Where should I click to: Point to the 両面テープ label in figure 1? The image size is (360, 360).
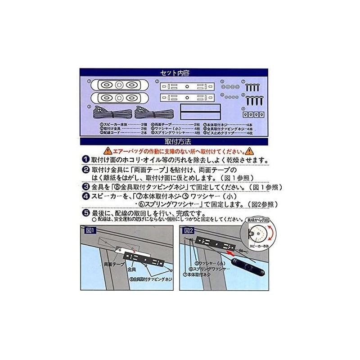pos(114,264)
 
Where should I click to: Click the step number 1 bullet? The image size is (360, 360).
pos(85,160)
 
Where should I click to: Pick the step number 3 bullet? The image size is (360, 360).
pos(85,187)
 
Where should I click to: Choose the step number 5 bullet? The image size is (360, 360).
pos(85,213)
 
